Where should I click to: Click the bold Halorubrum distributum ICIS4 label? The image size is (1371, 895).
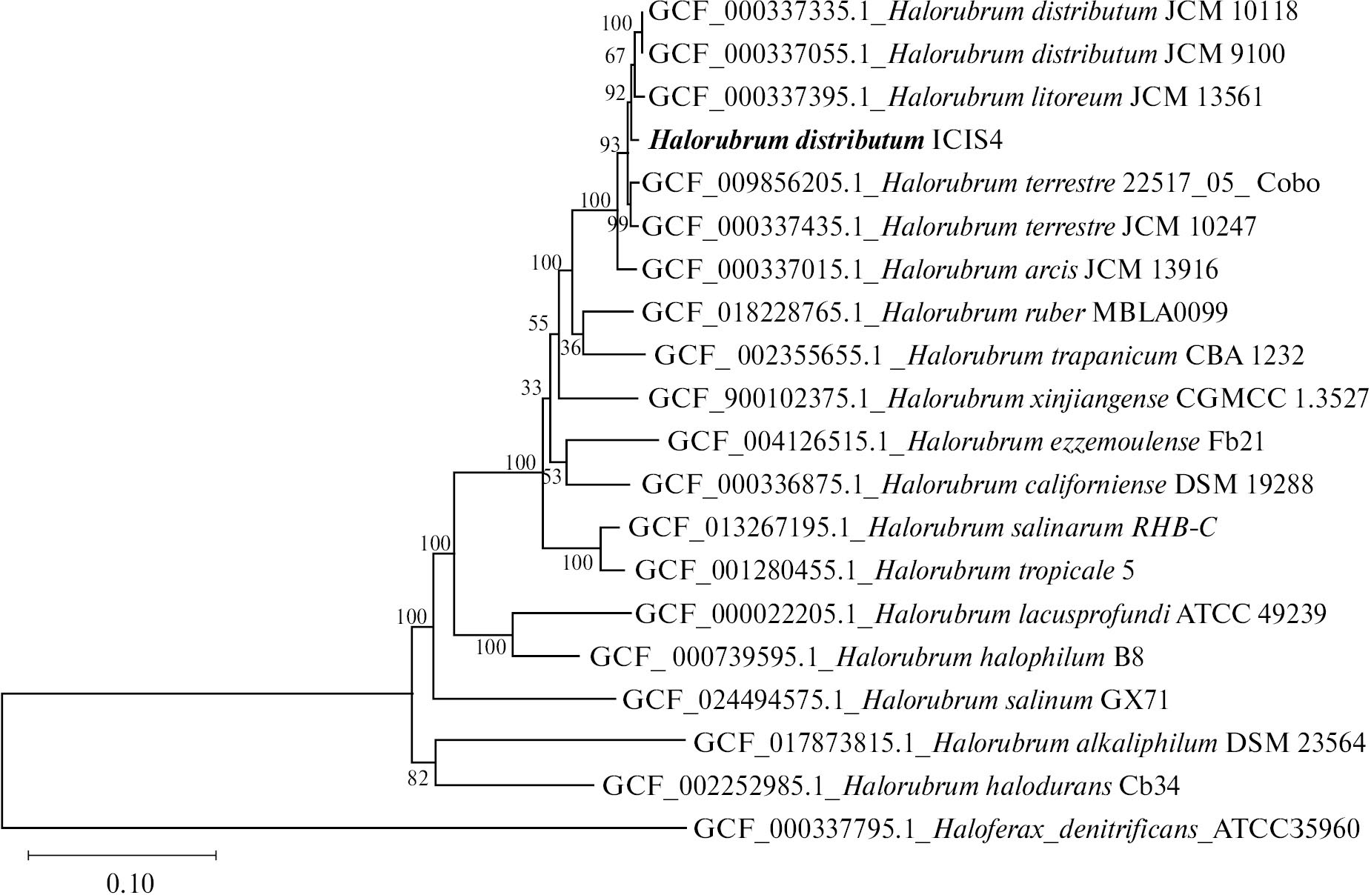tap(825, 140)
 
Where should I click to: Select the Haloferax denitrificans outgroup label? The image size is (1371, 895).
tap(1026, 828)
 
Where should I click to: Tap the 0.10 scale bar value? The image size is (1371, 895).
tap(130, 883)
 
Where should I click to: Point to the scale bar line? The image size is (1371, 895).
tap(122, 856)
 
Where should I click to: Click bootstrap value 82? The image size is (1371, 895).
tap(418, 778)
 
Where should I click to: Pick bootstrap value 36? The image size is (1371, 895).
tap(570, 347)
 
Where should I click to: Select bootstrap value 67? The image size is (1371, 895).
tap(615, 56)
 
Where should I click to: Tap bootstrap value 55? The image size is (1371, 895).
tap(539, 323)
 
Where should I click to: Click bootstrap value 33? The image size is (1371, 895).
tap(531, 387)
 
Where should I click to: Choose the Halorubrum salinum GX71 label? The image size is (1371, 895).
tap(895, 699)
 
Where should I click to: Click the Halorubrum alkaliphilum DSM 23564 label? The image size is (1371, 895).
tap(1029, 742)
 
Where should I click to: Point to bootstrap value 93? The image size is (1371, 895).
tap(609, 144)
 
